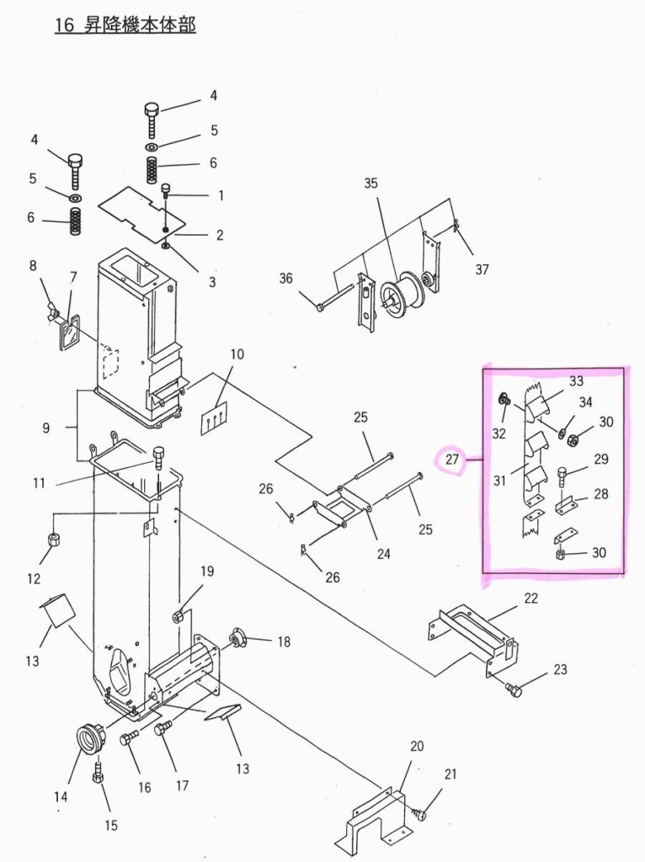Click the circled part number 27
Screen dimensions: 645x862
point(452,460)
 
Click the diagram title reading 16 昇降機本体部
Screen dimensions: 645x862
point(125,24)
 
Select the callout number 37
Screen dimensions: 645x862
point(482,269)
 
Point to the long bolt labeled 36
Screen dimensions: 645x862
point(336,296)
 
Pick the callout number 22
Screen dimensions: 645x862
point(530,598)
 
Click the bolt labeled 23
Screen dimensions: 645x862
point(513,690)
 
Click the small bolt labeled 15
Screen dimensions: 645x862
point(98,774)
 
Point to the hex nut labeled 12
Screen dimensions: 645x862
point(54,540)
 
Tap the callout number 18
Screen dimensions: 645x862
point(284,641)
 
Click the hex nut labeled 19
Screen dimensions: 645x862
point(178,616)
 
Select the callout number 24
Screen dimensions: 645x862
point(383,554)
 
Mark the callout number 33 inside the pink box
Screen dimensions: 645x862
point(576,380)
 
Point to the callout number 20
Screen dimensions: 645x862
point(417,746)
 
